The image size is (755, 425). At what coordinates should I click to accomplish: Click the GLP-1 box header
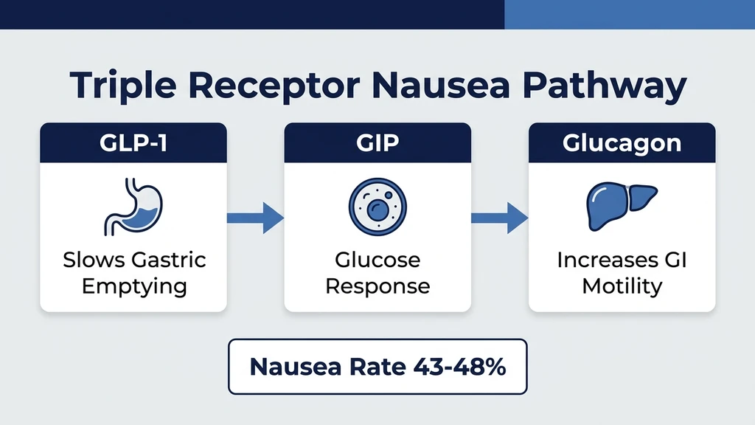(133, 142)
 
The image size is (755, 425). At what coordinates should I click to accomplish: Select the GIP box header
(377, 142)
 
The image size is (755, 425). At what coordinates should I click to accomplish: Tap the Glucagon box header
(622, 142)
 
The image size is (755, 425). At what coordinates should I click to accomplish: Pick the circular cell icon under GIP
(377, 206)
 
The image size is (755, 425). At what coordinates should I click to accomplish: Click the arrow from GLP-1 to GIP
(255, 217)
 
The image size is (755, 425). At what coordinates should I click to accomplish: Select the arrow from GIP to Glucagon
(499, 217)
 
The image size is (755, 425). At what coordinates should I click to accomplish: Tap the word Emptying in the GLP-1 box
(133, 286)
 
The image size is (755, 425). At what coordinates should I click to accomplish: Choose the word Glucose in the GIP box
(377, 260)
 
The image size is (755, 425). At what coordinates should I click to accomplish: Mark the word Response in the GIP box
(377, 286)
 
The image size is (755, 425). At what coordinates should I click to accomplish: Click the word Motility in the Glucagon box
(622, 286)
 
